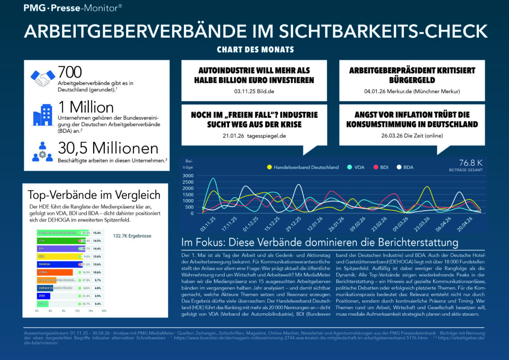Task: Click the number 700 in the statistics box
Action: click(70, 72)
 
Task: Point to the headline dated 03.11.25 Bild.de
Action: click(254, 75)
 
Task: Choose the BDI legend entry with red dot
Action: click(381, 167)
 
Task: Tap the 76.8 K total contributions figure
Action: click(470, 163)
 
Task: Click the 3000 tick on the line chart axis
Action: click(188, 175)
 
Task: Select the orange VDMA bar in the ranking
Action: click(54, 272)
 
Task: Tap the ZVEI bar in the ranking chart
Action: click(43, 296)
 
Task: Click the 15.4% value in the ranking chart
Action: click(97, 233)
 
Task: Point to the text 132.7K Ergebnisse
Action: click(132, 236)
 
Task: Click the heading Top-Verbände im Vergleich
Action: click(94, 195)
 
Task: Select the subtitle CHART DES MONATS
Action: click(255, 49)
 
